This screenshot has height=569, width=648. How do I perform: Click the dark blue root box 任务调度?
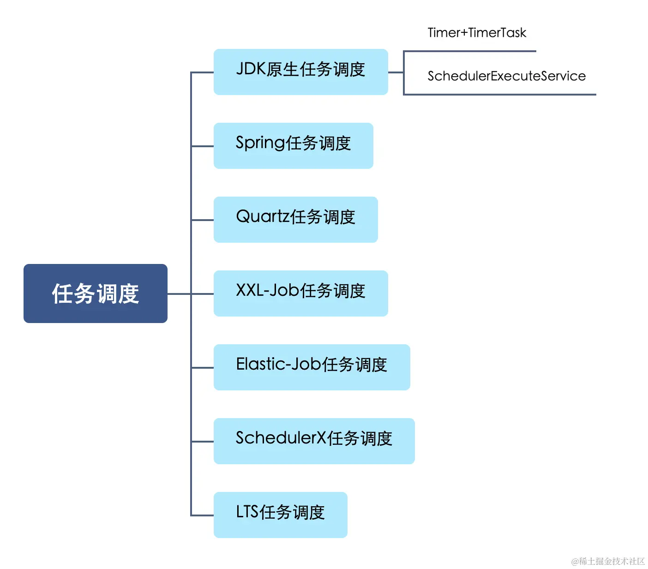point(95,293)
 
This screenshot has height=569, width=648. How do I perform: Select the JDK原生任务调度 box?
point(300,72)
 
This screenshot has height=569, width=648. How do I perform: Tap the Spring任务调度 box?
point(293,146)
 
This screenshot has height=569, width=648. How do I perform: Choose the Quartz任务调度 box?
point(295,220)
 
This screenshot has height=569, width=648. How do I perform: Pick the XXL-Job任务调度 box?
point(300,293)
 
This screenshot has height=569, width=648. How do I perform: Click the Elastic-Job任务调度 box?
point(312,367)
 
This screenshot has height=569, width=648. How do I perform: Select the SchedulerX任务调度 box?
point(314,441)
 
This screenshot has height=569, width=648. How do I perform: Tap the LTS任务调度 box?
point(280,515)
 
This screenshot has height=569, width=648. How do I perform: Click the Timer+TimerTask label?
point(477,33)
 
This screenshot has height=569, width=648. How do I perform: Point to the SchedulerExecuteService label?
point(506,76)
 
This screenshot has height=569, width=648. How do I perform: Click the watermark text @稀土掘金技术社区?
point(608,561)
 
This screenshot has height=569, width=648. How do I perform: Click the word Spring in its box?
point(260,143)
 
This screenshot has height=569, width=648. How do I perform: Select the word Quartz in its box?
point(263,216)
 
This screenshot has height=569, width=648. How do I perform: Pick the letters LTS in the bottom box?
point(247,512)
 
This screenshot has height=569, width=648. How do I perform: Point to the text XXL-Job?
point(268,290)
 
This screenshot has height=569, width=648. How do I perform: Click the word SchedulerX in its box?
point(281,438)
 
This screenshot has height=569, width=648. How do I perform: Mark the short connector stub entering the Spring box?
point(202,146)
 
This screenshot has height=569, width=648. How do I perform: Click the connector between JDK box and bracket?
point(396,72)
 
